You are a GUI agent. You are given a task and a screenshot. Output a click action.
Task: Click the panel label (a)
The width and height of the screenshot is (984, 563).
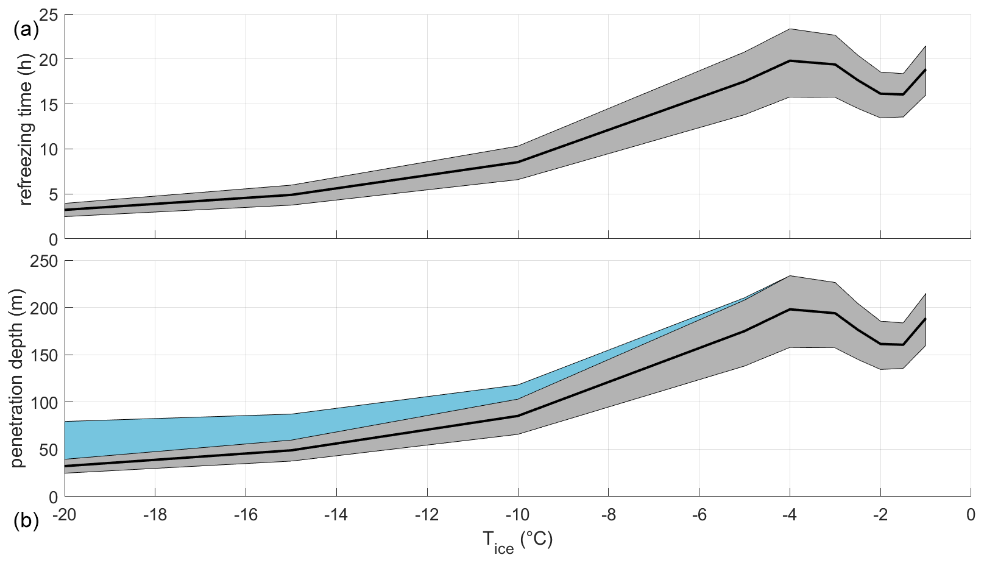pyautogui.click(x=26, y=29)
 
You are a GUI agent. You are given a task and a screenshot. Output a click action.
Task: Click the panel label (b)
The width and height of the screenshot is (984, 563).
pyautogui.click(x=26, y=522)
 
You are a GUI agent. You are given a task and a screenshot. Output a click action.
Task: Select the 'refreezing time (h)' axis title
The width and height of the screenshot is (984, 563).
pyautogui.click(x=25, y=127)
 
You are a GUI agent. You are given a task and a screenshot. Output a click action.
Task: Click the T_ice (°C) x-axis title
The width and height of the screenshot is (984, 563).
pyautogui.click(x=518, y=541)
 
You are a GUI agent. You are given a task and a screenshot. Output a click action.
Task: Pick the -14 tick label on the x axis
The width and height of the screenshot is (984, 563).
pyautogui.click(x=336, y=515)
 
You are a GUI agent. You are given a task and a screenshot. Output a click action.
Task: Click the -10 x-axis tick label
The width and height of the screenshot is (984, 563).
pyautogui.click(x=517, y=515)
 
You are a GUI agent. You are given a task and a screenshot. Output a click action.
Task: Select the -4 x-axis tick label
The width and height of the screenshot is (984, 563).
pyautogui.click(x=790, y=515)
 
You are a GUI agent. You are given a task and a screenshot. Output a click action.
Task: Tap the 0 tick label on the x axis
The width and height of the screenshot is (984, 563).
pyautogui.click(x=971, y=515)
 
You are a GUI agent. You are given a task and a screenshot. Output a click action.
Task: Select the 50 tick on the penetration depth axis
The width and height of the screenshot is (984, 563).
pyautogui.click(x=48, y=450)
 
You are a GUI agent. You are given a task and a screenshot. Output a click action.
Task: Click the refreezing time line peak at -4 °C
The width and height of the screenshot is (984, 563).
pyautogui.click(x=790, y=61)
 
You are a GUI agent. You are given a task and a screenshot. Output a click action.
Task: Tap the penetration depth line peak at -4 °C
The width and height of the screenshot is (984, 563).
pyautogui.click(x=790, y=310)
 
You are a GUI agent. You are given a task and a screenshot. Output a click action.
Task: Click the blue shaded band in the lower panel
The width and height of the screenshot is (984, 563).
pyautogui.click(x=183, y=433)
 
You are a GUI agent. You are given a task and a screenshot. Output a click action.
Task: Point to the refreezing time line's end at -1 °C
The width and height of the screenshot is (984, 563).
pyautogui.click(x=926, y=69)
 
